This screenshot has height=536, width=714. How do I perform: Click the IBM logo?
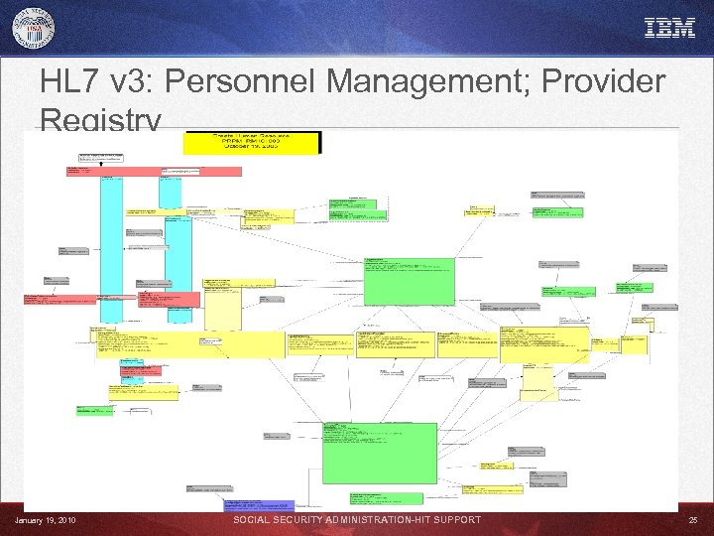[670, 28]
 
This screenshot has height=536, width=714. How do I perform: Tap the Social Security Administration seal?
[34, 27]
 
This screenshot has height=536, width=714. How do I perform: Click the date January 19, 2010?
[45, 520]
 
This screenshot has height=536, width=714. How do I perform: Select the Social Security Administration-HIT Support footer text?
[357, 520]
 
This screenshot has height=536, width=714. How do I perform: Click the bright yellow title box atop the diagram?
[252, 143]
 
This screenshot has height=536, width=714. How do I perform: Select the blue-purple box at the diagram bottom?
[259, 506]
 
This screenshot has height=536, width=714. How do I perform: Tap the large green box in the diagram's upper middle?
[409, 281]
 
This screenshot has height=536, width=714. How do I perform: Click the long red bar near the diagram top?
[154, 171]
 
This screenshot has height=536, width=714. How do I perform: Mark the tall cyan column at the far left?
[111, 248]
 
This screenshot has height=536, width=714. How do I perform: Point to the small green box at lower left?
[95, 409]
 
